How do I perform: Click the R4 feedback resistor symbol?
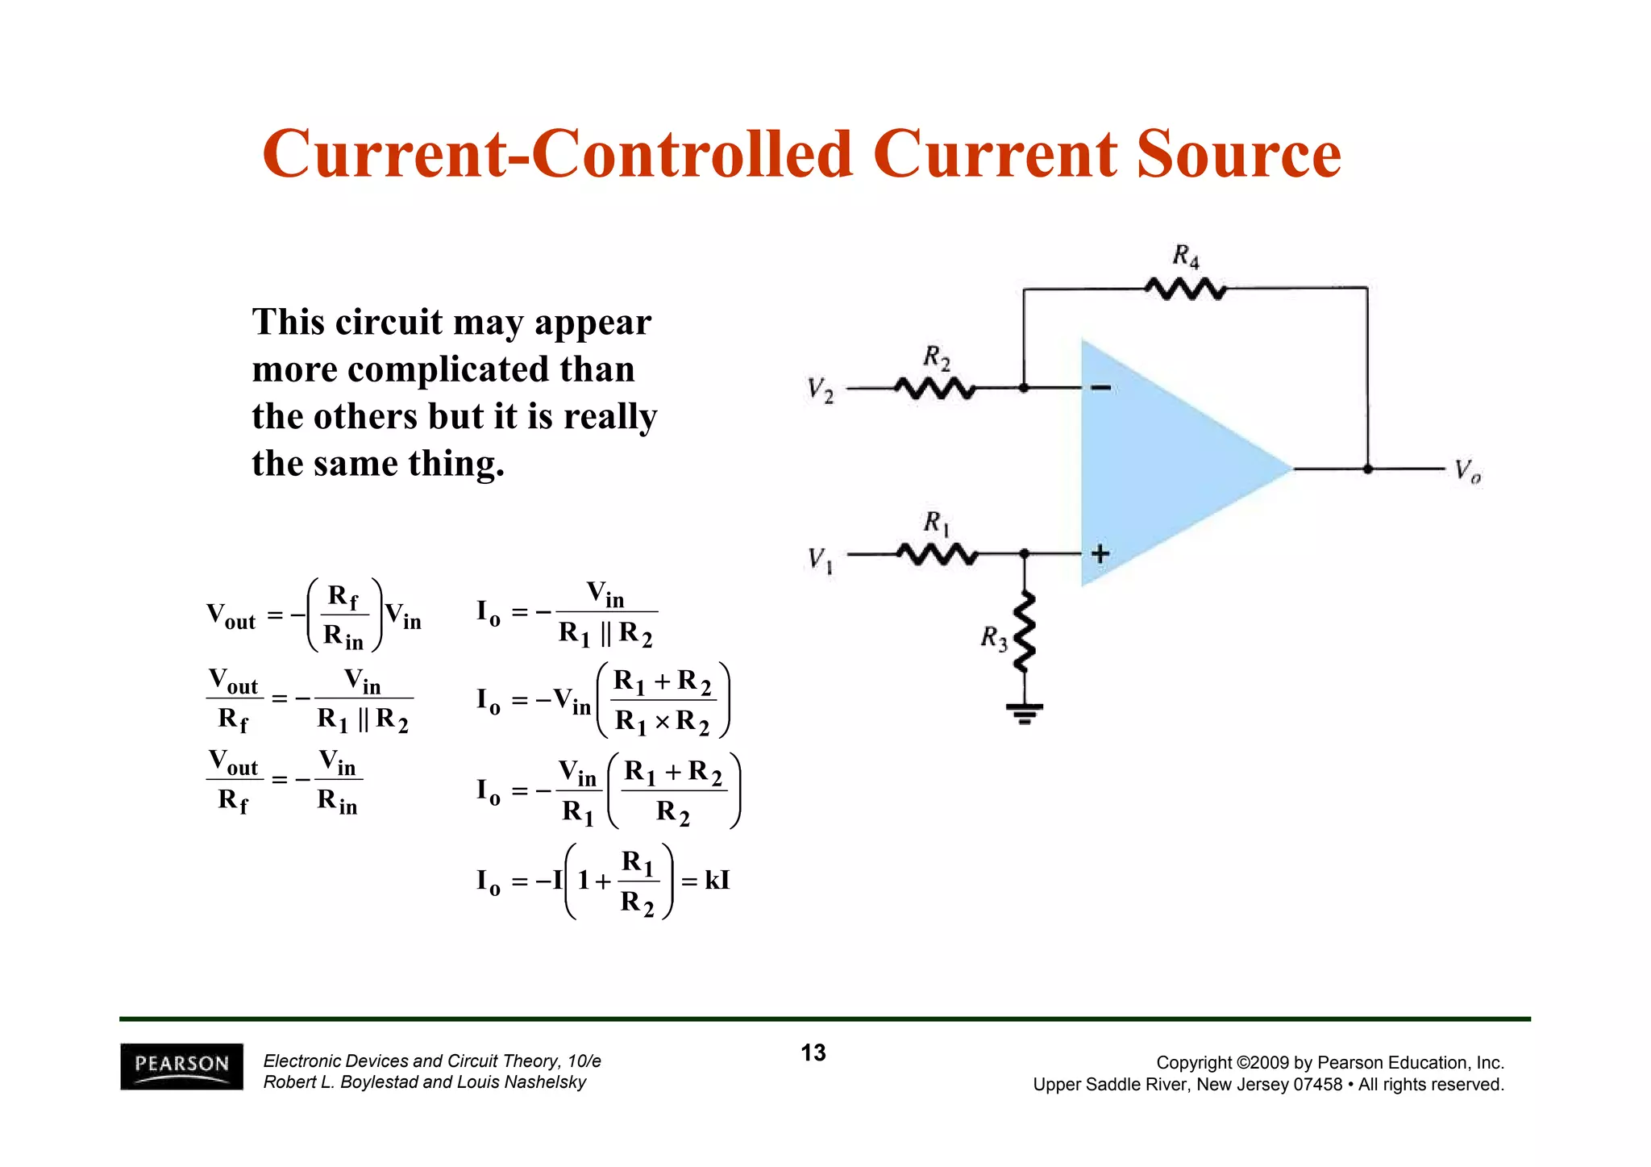1185,288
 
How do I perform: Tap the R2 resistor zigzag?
935,389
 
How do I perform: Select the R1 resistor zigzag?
937,554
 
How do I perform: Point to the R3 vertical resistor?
1024,631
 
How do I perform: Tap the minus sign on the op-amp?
1100,389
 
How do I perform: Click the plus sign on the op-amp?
1100,554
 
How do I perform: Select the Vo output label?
1467,471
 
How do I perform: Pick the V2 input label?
821,390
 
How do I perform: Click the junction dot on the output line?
1367,469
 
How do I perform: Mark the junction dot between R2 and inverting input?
1024,388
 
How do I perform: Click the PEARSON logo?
181,1066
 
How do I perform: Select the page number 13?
813,1052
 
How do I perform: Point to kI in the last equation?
717,880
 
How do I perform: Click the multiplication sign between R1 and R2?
662,721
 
